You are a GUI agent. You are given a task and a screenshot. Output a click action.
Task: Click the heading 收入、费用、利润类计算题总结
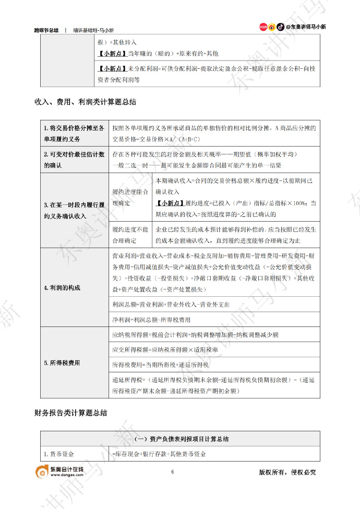85,103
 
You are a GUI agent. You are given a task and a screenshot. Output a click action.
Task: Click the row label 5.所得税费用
61,362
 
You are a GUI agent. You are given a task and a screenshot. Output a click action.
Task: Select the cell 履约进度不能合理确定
130,235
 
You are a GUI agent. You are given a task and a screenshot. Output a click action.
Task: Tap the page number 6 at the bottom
172,472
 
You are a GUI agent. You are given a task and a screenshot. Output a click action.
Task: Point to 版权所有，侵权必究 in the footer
287,472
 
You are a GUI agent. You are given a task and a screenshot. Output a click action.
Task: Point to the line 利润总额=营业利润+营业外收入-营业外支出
171,304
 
